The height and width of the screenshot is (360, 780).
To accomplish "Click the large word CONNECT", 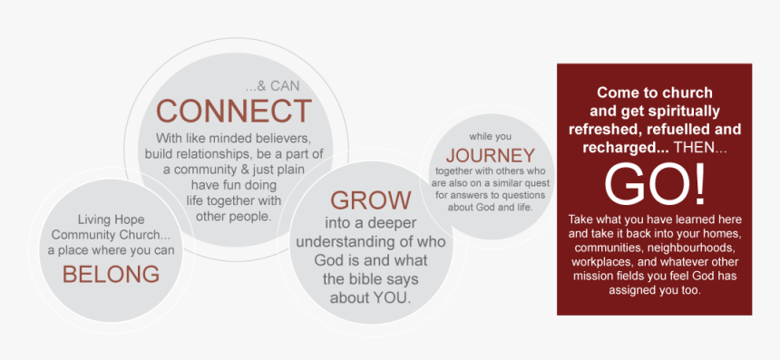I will coord(234,111).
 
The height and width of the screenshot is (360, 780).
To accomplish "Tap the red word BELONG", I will coord(112,273).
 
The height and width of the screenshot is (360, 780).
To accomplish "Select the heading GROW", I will coord(371,200).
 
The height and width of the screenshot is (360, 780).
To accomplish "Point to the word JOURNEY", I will coord(490,155).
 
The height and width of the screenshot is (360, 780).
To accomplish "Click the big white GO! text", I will coord(654,183).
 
